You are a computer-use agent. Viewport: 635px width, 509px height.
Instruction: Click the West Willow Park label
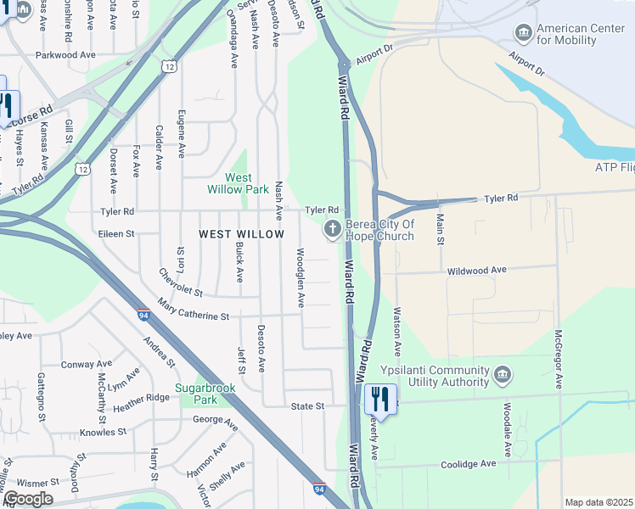click(238, 183)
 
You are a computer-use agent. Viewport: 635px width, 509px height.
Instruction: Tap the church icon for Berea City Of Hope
click(332, 229)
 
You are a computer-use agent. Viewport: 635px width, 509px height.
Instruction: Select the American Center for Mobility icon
click(524, 33)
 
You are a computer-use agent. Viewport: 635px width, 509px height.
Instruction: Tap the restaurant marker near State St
click(380, 399)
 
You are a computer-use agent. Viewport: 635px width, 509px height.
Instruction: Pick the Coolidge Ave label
click(468, 464)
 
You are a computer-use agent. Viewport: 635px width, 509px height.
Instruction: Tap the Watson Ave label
click(396, 332)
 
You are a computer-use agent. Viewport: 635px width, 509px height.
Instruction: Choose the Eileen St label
click(117, 233)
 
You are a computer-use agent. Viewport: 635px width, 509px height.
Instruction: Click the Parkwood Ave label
click(65, 55)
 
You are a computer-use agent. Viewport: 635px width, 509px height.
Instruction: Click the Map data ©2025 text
click(598, 502)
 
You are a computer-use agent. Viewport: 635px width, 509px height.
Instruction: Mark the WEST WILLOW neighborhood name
click(241, 233)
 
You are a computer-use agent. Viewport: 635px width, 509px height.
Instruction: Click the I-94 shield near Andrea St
click(143, 315)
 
